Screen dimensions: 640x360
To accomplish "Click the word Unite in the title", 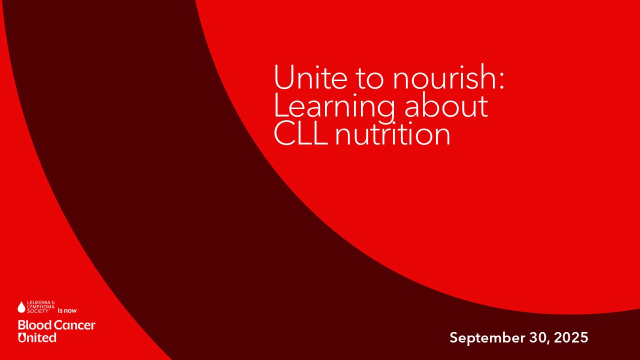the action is pyautogui.click(x=310, y=77).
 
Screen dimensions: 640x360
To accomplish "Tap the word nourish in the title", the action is pyautogui.click(x=444, y=76).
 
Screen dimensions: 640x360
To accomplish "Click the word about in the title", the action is pyautogui.click(x=446, y=105).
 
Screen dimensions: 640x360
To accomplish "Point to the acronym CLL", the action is pyautogui.click(x=300, y=133).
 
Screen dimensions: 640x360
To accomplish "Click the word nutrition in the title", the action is pyautogui.click(x=392, y=133).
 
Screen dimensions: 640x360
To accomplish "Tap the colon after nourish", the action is pyautogui.click(x=501, y=81).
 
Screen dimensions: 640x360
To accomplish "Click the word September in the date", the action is pyautogui.click(x=487, y=337).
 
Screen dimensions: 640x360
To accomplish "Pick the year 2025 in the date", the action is pyautogui.click(x=571, y=337).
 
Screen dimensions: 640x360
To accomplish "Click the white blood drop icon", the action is pyautogui.click(x=21, y=307).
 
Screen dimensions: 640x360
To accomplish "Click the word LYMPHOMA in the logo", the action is pyautogui.click(x=41, y=306).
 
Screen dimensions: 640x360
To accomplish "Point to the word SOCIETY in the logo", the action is pyautogui.click(x=37, y=311).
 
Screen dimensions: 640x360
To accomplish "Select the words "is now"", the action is pyautogui.click(x=67, y=310).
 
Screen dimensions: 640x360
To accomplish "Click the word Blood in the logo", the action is pyautogui.click(x=35, y=325).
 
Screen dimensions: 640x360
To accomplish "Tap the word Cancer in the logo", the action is pyautogui.click(x=74, y=325).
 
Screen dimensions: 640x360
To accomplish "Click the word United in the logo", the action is pyautogui.click(x=37, y=337).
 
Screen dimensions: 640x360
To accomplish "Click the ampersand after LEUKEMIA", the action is pyautogui.click(x=53, y=302).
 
